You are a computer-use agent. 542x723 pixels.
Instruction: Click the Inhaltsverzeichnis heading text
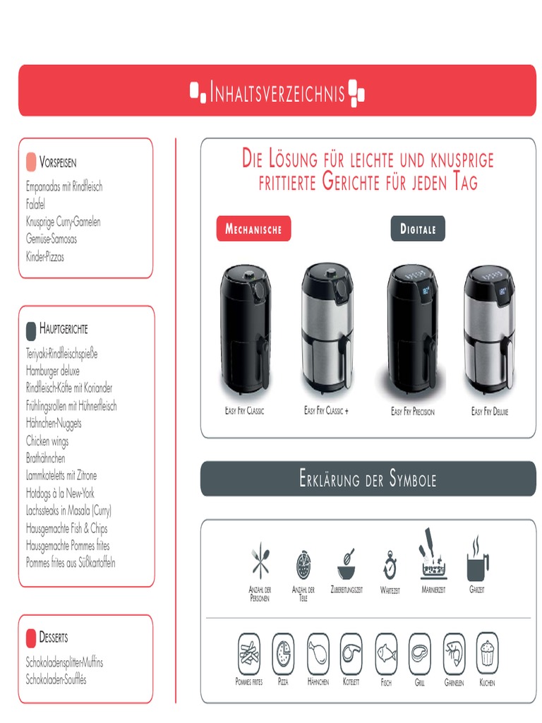tap(277, 92)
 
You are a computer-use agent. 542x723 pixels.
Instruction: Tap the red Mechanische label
tap(253, 229)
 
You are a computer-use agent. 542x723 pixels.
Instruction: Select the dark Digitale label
tap(418, 229)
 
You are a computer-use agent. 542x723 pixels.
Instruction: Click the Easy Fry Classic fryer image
tap(244, 330)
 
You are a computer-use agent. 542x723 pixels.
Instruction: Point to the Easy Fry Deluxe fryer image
tap(489, 328)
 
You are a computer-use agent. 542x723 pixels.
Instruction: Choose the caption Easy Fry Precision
tap(413, 412)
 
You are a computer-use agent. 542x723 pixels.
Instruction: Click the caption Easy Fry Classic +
tap(326, 411)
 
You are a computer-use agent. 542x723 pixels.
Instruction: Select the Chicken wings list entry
tap(47, 441)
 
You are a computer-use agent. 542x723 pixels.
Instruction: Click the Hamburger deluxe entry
tap(53, 371)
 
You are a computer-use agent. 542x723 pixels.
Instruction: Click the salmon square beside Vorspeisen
tap(31, 162)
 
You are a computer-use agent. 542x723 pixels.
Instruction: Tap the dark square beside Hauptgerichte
tap(31, 330)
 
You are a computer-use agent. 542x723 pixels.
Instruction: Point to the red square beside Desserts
tap(31, 638)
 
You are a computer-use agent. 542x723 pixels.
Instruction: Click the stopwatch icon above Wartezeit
tap(390, 565)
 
